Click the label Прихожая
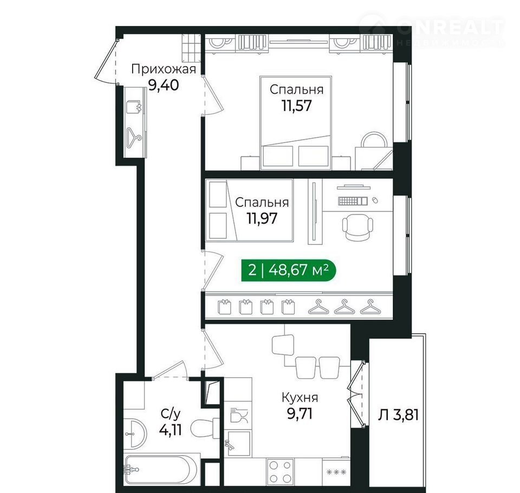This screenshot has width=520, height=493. point(164,70)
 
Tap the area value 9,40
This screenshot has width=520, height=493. point(164,85)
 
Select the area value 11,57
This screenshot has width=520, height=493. point(297,106)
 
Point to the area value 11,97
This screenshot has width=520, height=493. point(262,218)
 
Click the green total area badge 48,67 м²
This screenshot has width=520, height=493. point(289,270)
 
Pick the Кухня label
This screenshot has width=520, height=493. point(300,398)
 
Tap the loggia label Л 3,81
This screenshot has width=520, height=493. point(398,414)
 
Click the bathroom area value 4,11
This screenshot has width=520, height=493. point(171,430)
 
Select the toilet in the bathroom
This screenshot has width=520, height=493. point(206,428)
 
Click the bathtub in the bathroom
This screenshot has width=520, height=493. point(158,470)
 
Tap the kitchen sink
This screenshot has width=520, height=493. point(237,443)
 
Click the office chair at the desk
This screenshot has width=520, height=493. point(357,226)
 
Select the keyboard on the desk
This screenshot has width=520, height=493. point(353,201)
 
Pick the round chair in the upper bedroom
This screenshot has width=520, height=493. point(374,141)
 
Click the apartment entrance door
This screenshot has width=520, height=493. point(106,60)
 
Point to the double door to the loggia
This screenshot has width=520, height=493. point(356,393)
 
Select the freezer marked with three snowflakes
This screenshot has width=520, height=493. point(336,472)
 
